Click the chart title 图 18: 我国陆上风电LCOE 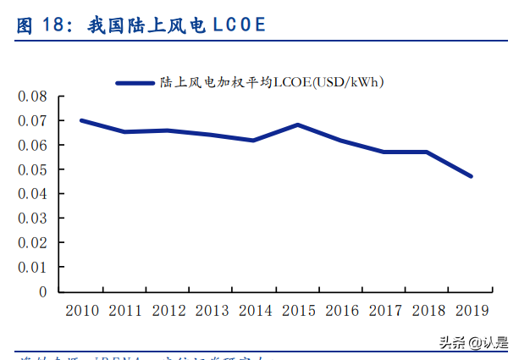point(141,25)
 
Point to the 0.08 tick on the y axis point(32,97)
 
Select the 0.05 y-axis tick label point(32,169)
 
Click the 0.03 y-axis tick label point(32,219)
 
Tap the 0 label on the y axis point(42,291)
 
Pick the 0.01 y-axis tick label point(32,267)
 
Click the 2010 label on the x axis point(81,311)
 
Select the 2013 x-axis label point(211,311)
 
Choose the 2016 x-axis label point(341,311)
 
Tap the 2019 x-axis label point(471,311)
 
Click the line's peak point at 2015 point(298,125)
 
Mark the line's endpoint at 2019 point(471,176)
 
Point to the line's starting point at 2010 point(81,120)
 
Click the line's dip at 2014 point(254,140)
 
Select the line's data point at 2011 point(124,131)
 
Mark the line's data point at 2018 point(428,152)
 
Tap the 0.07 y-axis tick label point(32,121)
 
